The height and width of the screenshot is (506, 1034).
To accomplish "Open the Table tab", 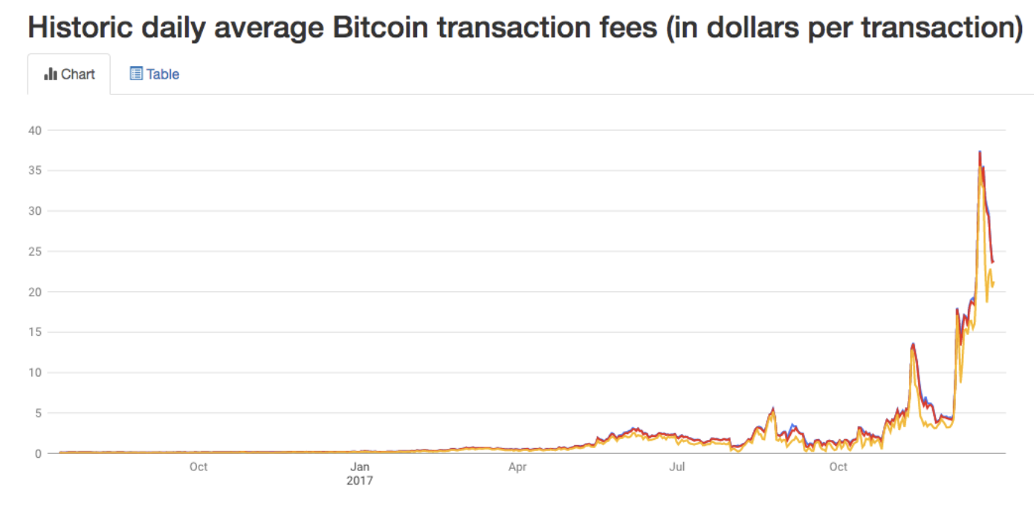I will click(x=155, y=74).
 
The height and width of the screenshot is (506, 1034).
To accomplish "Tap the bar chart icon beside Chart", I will click(x=51, y=74).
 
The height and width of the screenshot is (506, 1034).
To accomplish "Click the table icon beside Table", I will click(x=136, y=74).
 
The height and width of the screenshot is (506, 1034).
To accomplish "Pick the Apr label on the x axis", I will click(x=517, y=467).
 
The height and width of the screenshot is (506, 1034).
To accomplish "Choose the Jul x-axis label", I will click(x=677, y=467).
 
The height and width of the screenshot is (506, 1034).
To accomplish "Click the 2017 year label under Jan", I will click(x=360, y=481).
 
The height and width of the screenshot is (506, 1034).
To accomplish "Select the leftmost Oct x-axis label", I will click(x=198, y=467).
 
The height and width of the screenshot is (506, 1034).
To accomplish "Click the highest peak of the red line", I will click(x=980, y=152).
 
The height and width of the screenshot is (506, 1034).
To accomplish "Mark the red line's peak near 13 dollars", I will click(x=913, y=344).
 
